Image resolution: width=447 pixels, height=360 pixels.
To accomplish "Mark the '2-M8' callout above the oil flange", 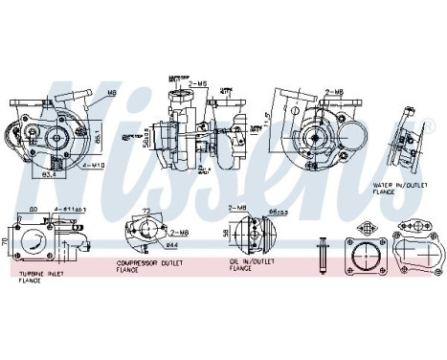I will (x=238, y=208).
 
